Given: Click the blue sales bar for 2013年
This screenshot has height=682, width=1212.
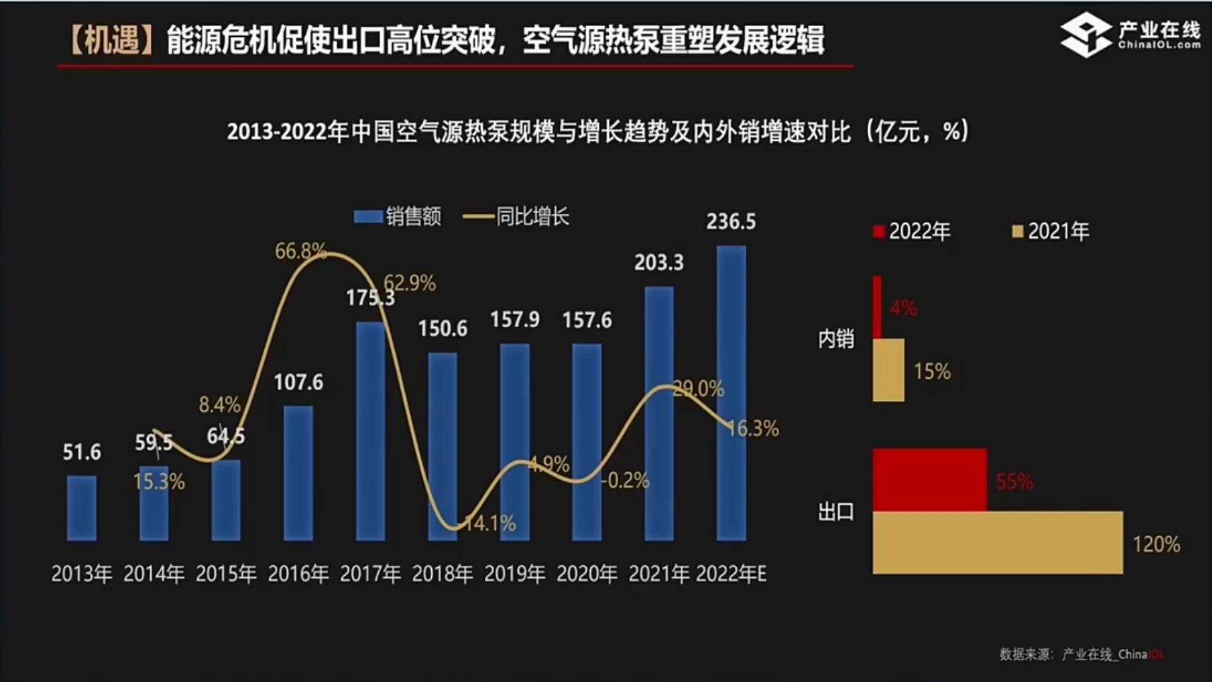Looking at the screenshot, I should coord(81,508).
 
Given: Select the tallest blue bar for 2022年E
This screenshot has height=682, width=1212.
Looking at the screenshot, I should coord(731,393).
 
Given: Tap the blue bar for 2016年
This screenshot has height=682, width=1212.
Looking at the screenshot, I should coord(298,473).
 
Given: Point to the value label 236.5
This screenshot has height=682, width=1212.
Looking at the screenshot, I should coord(731,222).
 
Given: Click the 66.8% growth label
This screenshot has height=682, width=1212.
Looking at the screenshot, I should coord(300,251).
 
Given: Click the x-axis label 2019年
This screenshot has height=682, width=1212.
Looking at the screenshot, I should coord(515,574).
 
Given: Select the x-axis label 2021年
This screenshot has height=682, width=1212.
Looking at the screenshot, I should coord(659,574).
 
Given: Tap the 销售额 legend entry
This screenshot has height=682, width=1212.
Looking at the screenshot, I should coord(398,217).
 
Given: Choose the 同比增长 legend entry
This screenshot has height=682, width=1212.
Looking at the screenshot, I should coord(517,217).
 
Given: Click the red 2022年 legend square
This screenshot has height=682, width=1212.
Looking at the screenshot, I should coord(879,232).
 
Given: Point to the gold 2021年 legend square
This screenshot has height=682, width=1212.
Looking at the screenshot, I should coord(1018,232).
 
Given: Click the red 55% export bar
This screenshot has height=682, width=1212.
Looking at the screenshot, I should coord(930,479).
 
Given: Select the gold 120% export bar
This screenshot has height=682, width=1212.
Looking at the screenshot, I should coord(997,542).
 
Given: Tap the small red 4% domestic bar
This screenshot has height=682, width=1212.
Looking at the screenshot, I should coord(877,307).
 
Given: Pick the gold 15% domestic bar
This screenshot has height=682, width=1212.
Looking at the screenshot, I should coord(888,370).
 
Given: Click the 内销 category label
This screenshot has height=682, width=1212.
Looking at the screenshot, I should coord(836,339).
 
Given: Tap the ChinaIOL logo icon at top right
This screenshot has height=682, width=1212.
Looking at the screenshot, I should coord(1086,34).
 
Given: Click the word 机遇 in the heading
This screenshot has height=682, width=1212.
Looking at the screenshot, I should coord(111,40).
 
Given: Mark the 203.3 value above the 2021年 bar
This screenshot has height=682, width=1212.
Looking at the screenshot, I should coord(659,263).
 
